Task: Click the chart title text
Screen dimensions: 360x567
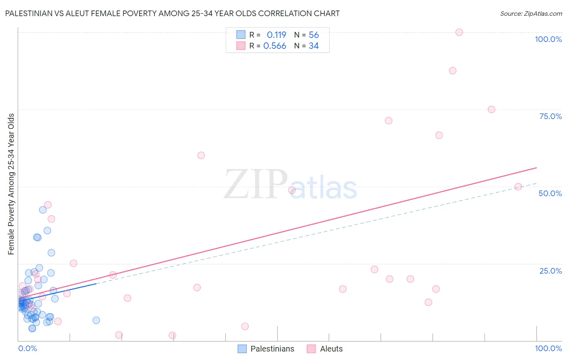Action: coord(172,13)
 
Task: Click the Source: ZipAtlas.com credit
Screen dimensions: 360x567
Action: coord(531,13)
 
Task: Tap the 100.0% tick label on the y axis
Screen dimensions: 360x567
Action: coord(548,39)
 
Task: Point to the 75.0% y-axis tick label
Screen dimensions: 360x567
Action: coord(550,116)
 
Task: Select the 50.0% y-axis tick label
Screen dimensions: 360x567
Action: coord(550,193)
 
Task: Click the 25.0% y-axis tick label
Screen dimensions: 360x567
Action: coord(550,271)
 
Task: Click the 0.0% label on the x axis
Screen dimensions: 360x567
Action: coord(27,348)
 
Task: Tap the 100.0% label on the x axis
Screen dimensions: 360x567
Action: coord(548,348)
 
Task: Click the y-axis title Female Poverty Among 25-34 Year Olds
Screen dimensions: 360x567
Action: coord(11,184)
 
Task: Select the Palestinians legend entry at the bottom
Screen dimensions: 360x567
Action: coord(272,349)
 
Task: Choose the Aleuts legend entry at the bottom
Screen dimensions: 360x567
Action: coord(331,349)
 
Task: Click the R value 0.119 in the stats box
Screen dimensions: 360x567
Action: coord(276,35)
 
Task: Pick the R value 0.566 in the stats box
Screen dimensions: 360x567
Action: coord(275,46)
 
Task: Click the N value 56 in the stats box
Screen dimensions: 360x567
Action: coord(314,35)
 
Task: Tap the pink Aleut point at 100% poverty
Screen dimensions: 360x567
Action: coord(459,32)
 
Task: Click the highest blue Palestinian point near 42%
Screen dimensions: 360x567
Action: coord(43,210)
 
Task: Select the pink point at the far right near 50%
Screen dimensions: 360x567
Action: coord(518,187)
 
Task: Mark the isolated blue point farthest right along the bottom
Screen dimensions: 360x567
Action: coord(96,320)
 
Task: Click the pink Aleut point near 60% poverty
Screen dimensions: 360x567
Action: coord(201,155)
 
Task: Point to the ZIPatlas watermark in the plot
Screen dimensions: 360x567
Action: coord(290,185)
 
